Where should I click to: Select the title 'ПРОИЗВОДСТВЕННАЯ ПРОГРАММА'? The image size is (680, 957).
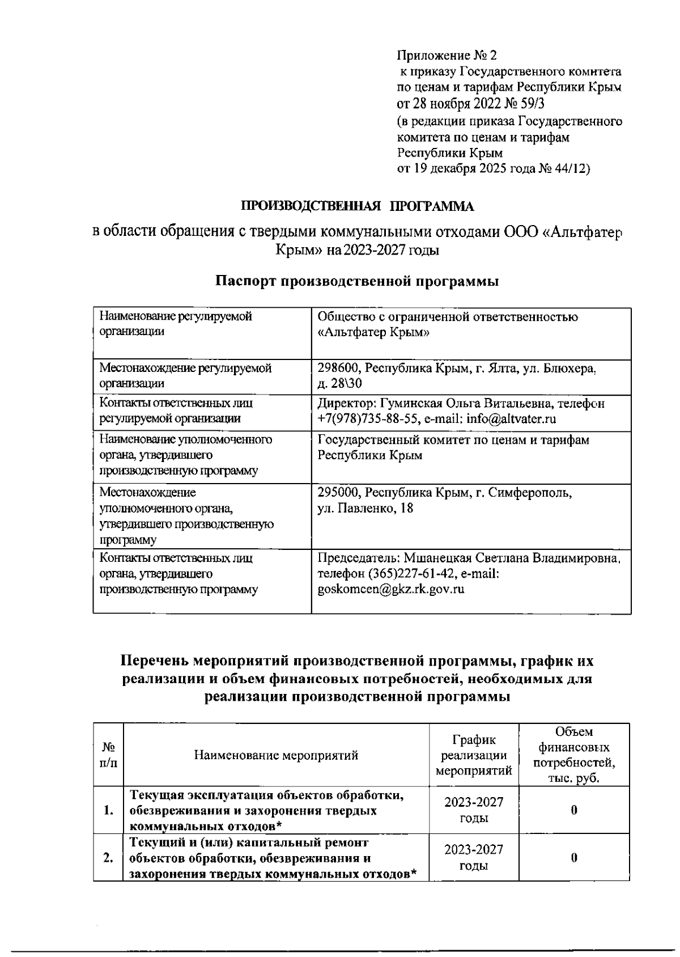point(358,206)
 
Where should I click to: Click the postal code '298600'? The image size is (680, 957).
point(338,369)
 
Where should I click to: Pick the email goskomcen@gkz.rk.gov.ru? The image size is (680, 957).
point(391,589)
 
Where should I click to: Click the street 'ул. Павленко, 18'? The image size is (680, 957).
point(365,509)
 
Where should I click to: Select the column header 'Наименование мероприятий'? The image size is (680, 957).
point(276,755)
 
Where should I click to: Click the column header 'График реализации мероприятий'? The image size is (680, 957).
point(474,755)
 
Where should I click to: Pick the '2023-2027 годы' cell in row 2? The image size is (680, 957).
point(474,858)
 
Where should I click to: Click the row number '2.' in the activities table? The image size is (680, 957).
point(108,858)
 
